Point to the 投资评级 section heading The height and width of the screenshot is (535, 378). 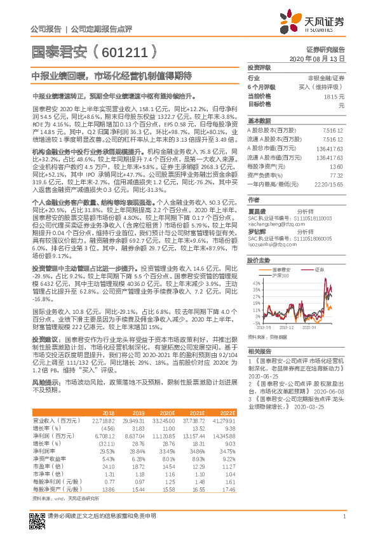(259, 67)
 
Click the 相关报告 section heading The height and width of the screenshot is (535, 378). (259, 351)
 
